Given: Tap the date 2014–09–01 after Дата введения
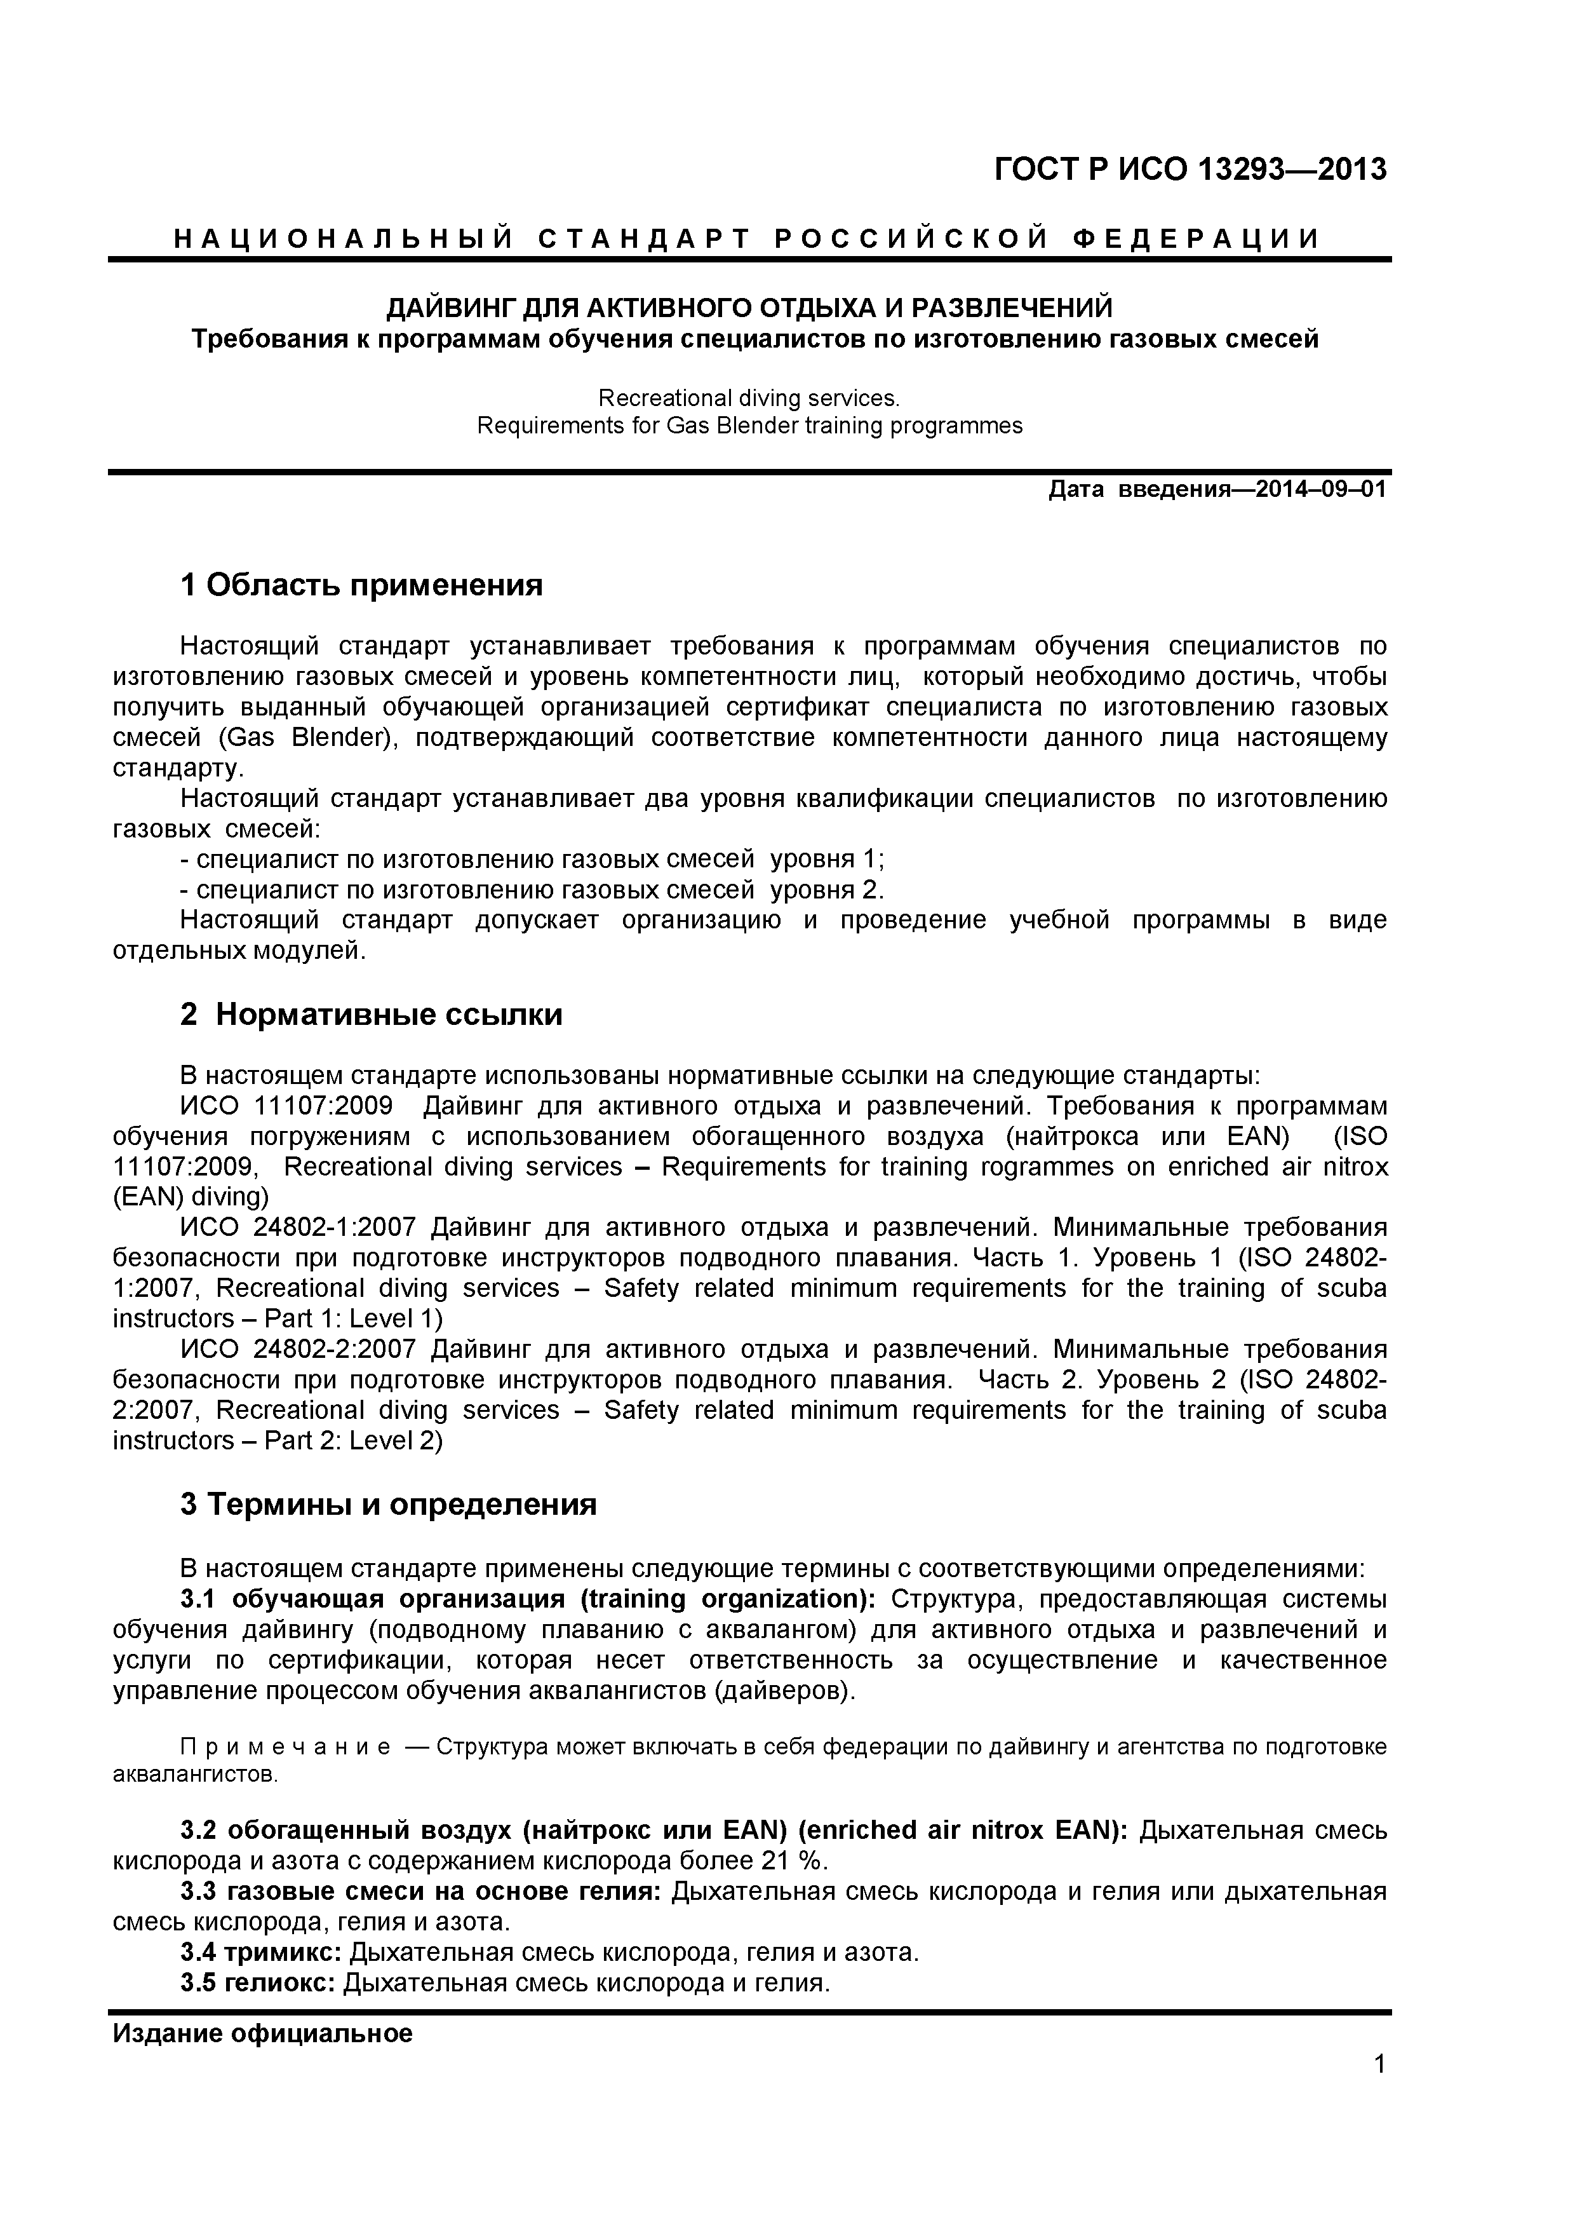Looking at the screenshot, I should coord(1321,489).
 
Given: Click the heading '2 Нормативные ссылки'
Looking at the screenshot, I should coord(371,1015).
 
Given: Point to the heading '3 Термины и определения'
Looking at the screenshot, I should coord(388,1505).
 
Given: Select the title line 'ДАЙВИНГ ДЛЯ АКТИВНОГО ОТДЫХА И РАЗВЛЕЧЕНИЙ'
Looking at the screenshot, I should coord(749,309).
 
